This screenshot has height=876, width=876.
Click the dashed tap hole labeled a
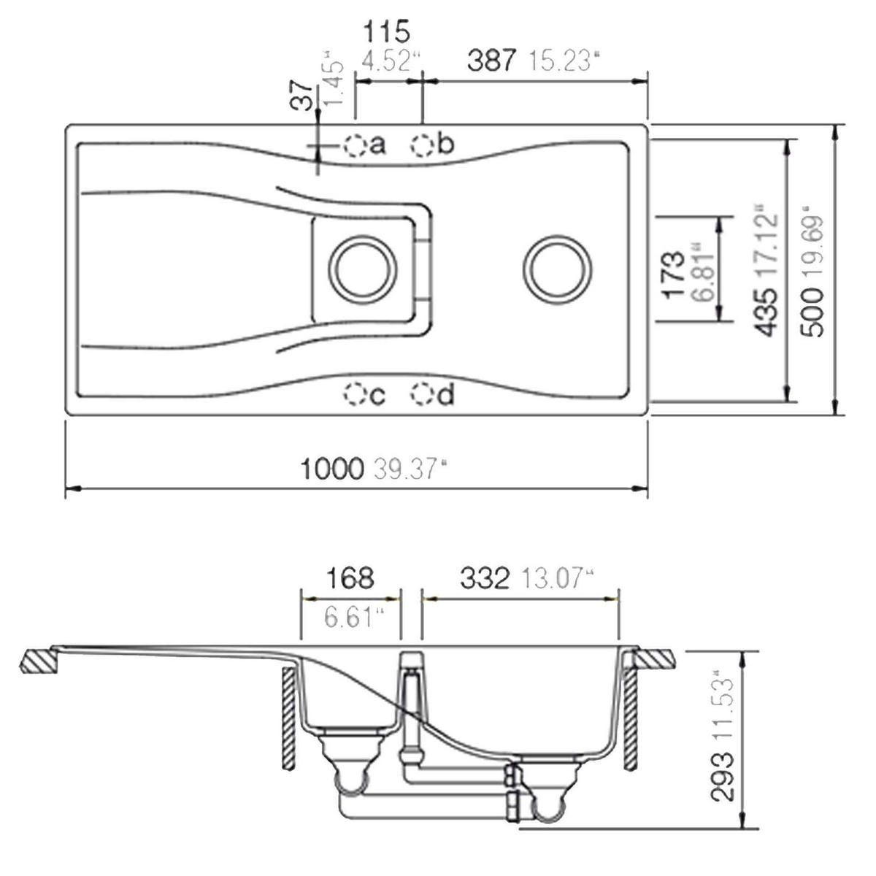(355, 146)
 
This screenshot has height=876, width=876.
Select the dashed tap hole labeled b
(423, 145)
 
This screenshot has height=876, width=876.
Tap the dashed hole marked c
(355, 395)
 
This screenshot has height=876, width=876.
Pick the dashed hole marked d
(422, 395)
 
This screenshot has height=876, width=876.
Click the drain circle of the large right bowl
(557, 267)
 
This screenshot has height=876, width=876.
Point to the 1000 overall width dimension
(331, 468)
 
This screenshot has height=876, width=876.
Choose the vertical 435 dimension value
(765, 312)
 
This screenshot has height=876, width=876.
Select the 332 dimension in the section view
(485, 579)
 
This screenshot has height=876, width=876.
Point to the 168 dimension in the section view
(349, 578)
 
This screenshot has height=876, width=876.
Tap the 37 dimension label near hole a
(302, 95)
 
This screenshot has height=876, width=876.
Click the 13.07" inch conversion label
(556, 580)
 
